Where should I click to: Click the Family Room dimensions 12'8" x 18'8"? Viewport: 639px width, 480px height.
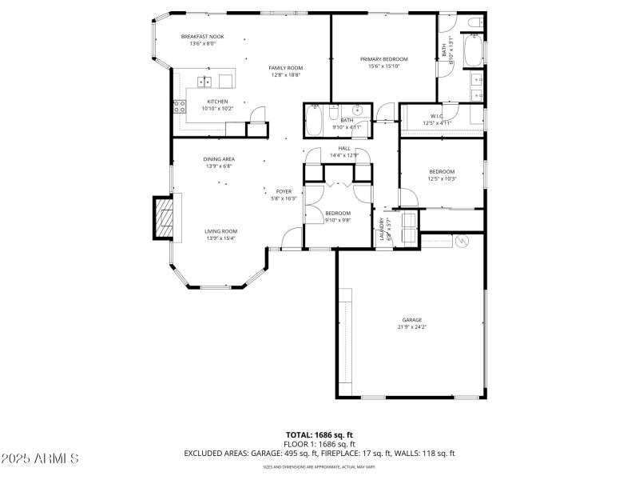285,75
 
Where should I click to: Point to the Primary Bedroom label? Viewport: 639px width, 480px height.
384,59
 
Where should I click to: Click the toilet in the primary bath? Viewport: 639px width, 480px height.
474,23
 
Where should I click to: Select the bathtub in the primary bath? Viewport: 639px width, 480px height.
474,52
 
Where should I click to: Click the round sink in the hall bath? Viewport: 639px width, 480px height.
359,110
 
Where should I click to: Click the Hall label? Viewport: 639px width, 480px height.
344,148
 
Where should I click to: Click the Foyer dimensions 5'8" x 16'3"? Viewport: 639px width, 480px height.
284,198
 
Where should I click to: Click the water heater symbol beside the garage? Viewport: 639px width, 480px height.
460,241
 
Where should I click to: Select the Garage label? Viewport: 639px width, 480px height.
412,320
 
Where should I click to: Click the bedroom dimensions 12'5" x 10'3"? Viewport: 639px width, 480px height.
442,178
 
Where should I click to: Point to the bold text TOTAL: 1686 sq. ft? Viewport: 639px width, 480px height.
319,434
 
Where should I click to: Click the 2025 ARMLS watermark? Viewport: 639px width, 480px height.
40,458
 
